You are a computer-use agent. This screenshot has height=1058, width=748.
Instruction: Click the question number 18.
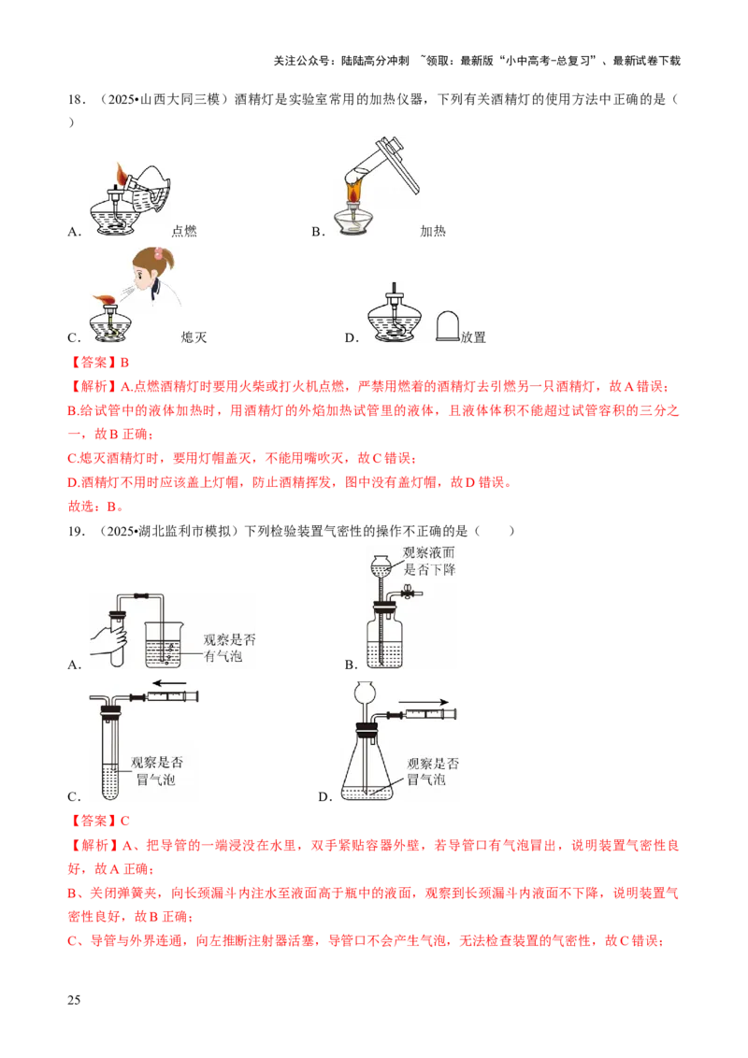pyautogui.click(x=76, y=99)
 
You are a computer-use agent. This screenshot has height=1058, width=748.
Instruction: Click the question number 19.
pyautogui.click(x=76, y=531)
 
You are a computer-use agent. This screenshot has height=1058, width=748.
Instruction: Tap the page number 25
pyautogui.click(x=74, y=1000)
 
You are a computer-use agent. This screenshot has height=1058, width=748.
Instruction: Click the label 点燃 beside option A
pyautogui.click(x=183, y=231)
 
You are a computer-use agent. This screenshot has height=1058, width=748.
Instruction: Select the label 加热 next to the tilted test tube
pyautogui.click(x=433, y=231)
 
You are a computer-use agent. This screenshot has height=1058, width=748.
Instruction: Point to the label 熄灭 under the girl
pyautogui.click(x=194, y=336)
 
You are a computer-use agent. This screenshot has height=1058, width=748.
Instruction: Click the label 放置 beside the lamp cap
pyautogui.click(x=473, y=336)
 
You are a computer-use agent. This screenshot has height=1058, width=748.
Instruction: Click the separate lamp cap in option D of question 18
pyautogui.click(x=448, y=326)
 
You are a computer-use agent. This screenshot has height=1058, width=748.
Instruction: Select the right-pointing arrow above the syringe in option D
pyautogui.click(x=424, y=703)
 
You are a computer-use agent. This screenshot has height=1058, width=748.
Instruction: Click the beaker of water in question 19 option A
pyautogui.click(x=164, y=644)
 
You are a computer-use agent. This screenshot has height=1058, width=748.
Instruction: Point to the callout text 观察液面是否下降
pyautogui.click(x=429, y=561)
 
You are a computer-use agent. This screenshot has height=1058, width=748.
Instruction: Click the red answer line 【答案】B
pyautogui.click(x=98, y=363)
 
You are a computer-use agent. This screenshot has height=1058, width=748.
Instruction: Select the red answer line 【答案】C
pyautogui.click(x=98, y=821)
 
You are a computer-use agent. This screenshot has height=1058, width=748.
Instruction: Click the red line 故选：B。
pyautogui.click(x=95, y=506)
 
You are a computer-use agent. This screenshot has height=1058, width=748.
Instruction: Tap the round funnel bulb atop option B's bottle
pyautogui.click(x=381, y=563)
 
